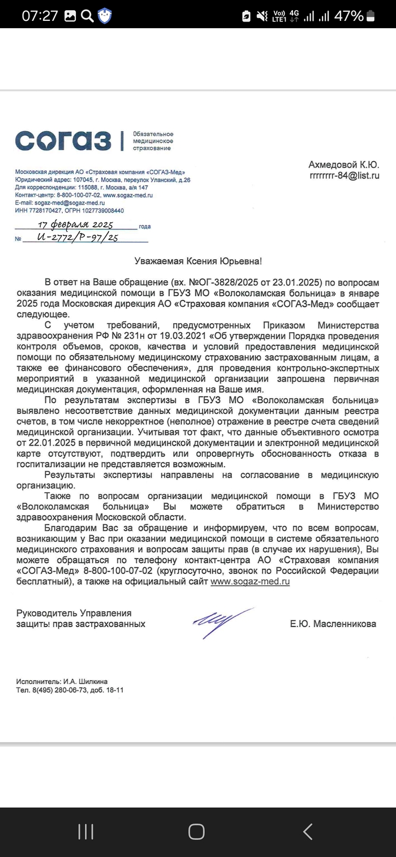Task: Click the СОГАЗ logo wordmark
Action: point(63,140)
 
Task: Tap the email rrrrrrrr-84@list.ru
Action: point(344,176)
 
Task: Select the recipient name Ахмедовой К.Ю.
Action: point(343,164)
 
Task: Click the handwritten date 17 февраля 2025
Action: point(80,224)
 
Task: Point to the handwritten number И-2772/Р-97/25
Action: point(78,238)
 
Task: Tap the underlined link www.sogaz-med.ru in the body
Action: point(250,581)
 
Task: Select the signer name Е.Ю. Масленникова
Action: point(333,624)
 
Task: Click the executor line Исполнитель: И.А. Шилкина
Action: point(62,681)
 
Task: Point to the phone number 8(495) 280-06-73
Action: point(58,690)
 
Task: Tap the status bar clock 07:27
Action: point(40,16)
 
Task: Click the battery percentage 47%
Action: point(348,16)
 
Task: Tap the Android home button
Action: point(196,831)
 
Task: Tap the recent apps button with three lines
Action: point(85,831)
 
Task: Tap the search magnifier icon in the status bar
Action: point(87,16)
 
